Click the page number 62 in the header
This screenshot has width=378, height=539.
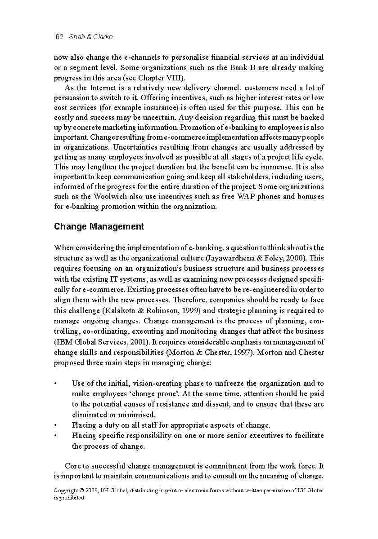[58, 37]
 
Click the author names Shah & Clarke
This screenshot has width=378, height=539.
[91, 37]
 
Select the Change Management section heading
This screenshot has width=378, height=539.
[99, 226]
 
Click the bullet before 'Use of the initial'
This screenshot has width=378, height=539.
[55, 384]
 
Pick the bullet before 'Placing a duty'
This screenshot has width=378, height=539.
[55, 425]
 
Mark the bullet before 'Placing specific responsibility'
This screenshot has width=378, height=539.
[55, 436]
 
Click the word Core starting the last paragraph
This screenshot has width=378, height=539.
[73, 466]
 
